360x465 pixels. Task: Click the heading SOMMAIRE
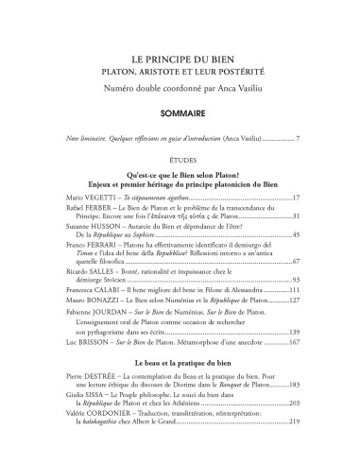[179, 110]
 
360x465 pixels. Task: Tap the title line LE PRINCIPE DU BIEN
[179, 58]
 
